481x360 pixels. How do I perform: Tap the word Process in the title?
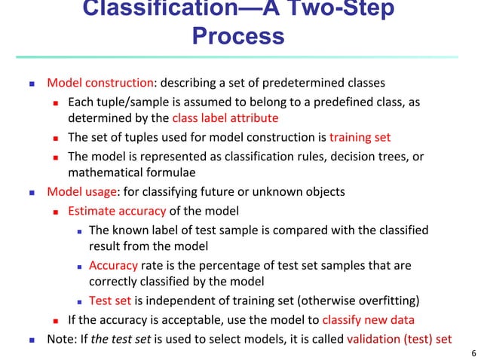pos(238,36)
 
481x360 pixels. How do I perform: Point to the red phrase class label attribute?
pos(225,117)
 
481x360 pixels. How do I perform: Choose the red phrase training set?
pos(360,137)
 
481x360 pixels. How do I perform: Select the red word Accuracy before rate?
pos(113,265)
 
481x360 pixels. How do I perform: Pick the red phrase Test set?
pos(109,301)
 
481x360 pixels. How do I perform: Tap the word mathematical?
pos(99,172)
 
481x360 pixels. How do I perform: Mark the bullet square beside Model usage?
pos(31,192)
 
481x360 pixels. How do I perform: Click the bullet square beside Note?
pos(31,339)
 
